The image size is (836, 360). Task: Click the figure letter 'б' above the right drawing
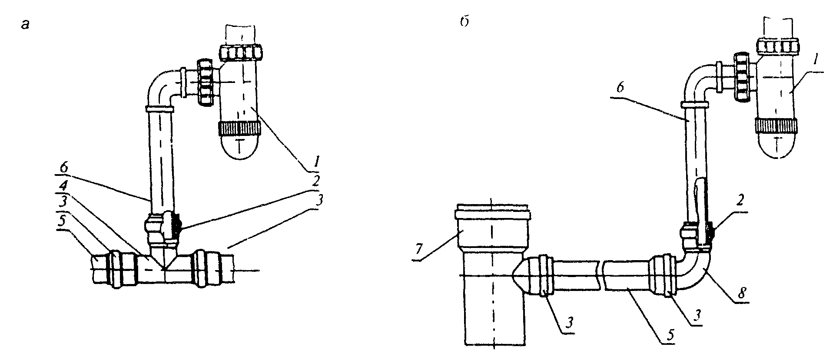point(464,23)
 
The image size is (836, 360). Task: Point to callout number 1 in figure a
point(317,162)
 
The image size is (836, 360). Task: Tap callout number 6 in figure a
point(64,167)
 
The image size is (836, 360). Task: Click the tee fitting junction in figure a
point(164,263)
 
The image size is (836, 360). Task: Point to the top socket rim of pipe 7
point(492,214)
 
